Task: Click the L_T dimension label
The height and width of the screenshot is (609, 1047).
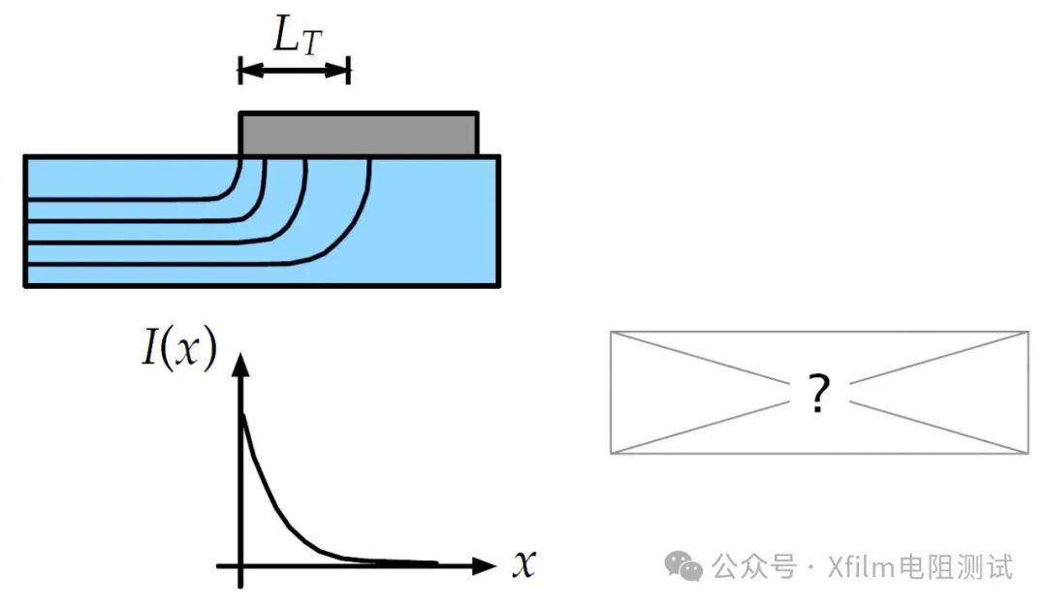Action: pyautogui.click(x=298, y=35)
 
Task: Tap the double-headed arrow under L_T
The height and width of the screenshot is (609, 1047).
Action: pyautogui.click(x=295, y=70)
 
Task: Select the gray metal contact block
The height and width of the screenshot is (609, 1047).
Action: pyautogui.click(x=359, y=134)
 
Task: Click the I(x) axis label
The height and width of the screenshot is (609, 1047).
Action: pyautogui.click(x=179, y=347)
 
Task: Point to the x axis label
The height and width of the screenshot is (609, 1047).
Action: pyautogui.click(x=524, y=562)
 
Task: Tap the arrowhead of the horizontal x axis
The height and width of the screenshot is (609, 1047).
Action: pyautogui.click(x=484, y=566)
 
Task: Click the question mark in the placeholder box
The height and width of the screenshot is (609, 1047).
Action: pyautogui.click(x=818, y=393)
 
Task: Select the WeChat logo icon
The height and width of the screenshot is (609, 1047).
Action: pyautogui.click(x=683, y=566)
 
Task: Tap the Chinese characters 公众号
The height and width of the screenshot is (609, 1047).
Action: pyautogui.click(x=754, y=567)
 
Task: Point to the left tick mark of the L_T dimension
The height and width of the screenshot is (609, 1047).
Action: pyautogui.click(x=240, y=70)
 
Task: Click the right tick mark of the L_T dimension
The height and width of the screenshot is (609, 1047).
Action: pyautogui.click(x=349, y=70)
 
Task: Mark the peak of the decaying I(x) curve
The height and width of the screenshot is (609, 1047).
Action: pyautogui.click(x=242, y=415)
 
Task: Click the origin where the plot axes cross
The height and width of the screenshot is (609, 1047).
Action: pyautogui.click(x=241, y=566)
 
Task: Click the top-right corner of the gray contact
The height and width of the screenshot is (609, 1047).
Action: pyautogui.click(x=477, y=112)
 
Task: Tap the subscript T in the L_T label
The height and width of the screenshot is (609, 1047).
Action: pyautogui.click(x=311, y=44)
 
